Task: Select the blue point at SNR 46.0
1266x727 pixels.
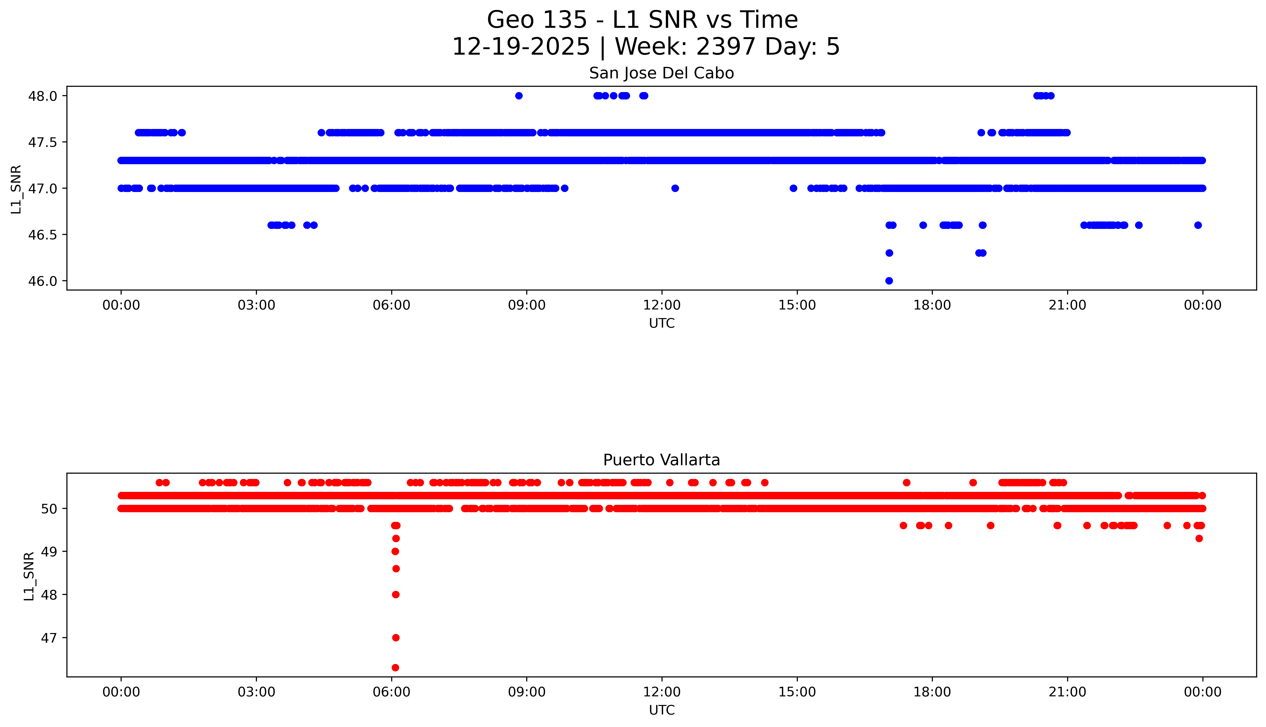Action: (889, 281)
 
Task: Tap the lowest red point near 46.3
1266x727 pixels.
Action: (395, 668)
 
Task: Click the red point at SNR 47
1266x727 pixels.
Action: (396, 638)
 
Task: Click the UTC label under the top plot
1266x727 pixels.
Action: (662, 324)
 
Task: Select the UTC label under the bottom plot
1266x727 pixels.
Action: (662, 710)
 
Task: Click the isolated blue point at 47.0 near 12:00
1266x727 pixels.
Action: (675, 188)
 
